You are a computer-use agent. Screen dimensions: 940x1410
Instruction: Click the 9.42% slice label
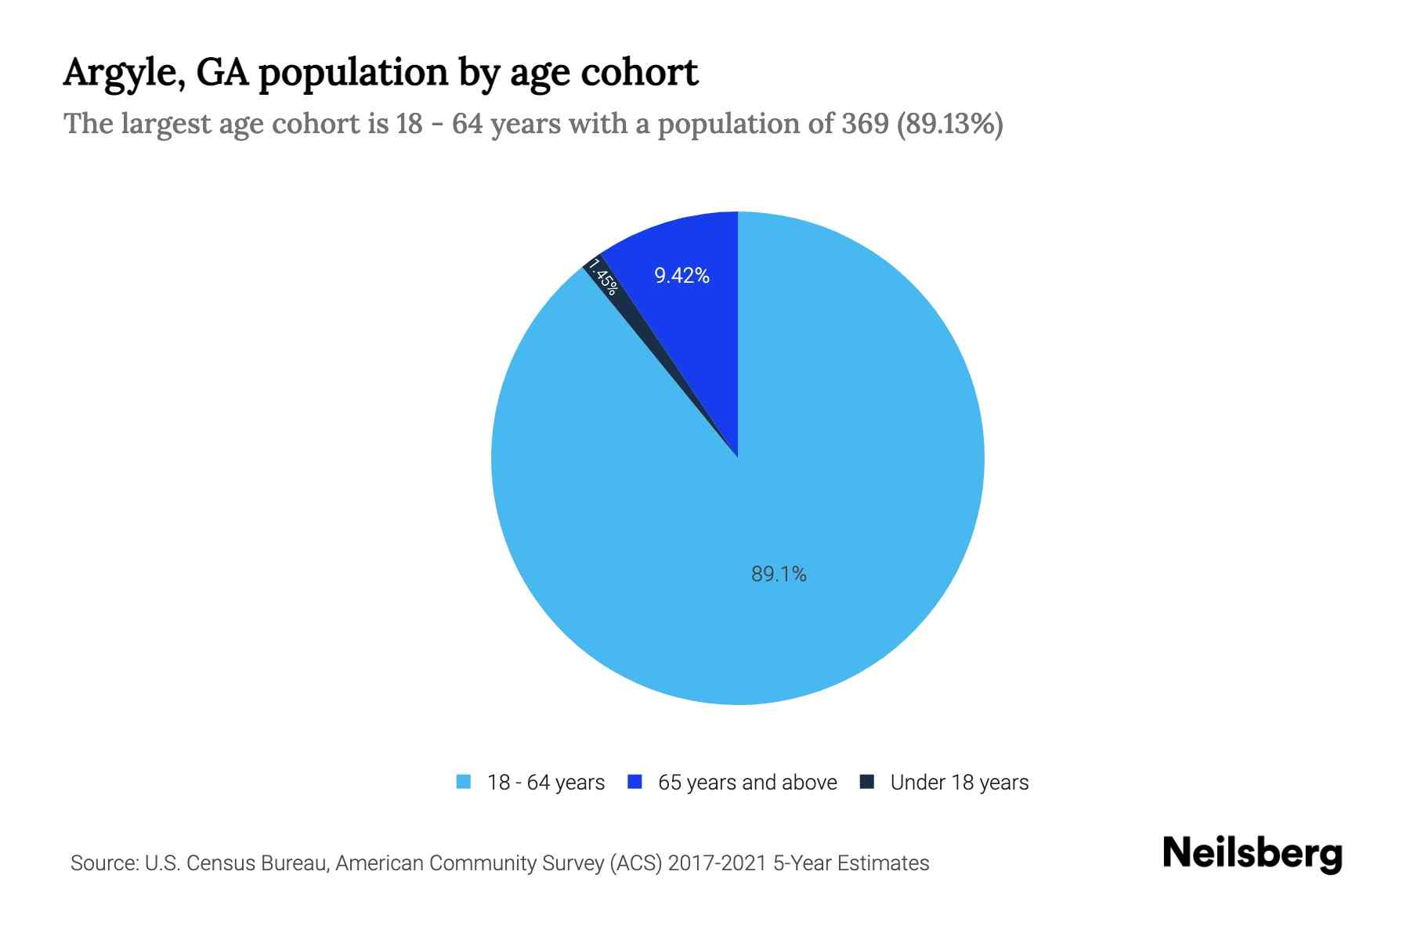click(x=681, y=276)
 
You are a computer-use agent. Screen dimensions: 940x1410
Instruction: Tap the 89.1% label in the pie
click(x=779, y=574)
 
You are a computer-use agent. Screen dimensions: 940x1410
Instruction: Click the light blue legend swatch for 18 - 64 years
click(x=464, y=782)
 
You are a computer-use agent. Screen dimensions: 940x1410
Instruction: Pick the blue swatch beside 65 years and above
click(x=635, y=782)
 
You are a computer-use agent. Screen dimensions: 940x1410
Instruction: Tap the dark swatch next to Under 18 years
click(x=867, y=782)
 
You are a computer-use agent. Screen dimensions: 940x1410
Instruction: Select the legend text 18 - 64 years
click(x=546, y=783)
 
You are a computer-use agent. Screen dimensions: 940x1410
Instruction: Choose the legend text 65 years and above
click(x=747, y=783)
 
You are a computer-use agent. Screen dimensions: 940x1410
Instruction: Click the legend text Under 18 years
click(x=959, y=783)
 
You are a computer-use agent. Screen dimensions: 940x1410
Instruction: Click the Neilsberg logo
click(x=1252, y=854)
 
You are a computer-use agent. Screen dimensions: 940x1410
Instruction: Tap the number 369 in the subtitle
click(x=865, y=124)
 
